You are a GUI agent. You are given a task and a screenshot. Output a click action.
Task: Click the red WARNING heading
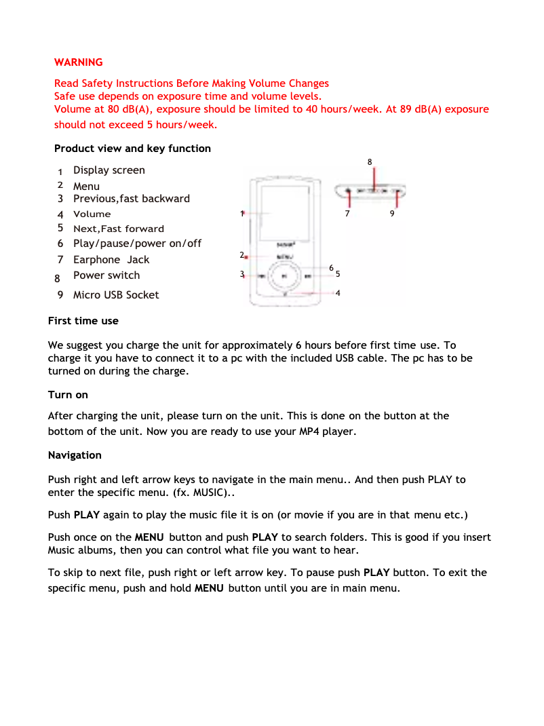click(79, 62)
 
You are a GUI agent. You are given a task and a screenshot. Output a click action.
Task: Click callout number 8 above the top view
click(370, 161)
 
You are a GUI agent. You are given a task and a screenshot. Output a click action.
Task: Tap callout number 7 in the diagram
click(347, 213)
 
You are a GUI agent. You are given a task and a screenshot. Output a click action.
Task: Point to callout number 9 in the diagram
click(392, 213)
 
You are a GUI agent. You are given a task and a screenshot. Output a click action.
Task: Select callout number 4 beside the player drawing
click(337, 293)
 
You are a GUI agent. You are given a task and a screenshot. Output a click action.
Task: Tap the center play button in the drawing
click(284, 276)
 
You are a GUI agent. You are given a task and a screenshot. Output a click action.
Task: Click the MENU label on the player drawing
click(285, 257)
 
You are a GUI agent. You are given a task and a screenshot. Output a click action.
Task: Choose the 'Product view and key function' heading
click(132, 149)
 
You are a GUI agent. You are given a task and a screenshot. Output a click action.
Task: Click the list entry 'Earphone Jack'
click(111, 260)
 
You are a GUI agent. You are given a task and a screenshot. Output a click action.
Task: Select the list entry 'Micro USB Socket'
click(116, 295)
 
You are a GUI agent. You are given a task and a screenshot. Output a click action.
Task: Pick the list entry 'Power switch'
click(106, 275)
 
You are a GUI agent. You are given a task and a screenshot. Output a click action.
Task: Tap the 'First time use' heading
click(83, 321)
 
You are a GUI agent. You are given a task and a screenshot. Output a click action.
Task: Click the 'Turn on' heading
click(68, 395)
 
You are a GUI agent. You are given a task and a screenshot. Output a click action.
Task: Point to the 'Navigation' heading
click(75, 455)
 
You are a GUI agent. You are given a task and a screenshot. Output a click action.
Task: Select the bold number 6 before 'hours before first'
click(298, 345)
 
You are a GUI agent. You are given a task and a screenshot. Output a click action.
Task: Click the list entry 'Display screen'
click(109, 170)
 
